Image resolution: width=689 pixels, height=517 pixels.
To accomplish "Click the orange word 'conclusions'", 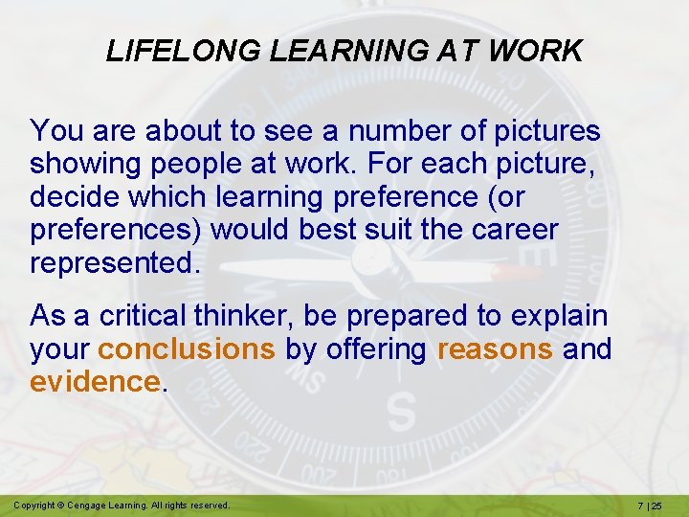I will click(x=187, y=349).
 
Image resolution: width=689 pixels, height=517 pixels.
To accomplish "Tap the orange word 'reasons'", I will click(x=494, y=349).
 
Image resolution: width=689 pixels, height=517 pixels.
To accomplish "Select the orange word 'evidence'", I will click(x=95, y=382).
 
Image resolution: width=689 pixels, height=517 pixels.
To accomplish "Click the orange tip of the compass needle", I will click(x=518, y=274).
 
